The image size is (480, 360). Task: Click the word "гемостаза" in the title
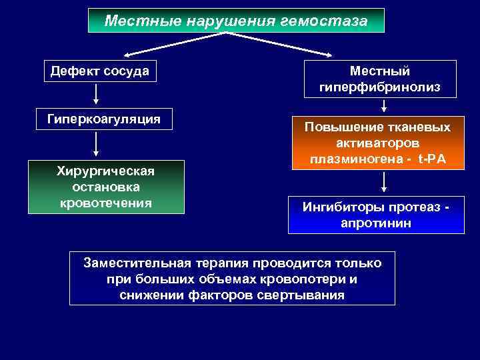[x=329, y=21]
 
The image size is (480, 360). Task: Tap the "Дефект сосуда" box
[x=100, y=71]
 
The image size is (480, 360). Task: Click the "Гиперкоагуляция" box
[x=104, y=119]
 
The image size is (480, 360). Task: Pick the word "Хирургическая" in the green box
[x=106, y=171]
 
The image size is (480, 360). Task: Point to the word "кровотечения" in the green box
[x=106, y=202]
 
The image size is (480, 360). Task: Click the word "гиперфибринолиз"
[x=380, y=87]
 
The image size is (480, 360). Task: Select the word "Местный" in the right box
[x=380, y=71]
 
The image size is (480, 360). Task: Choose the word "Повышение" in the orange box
[x=339, y=127]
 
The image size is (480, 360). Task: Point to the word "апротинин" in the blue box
[x=376, y=223]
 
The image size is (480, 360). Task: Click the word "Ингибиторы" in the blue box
[x=337, y=207]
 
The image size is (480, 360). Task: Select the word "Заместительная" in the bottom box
[x=136, y=263]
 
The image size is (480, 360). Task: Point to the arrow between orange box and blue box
[x=384, y=181]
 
